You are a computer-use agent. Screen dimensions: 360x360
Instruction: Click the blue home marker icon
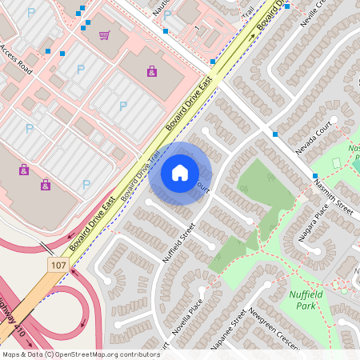[x=180, y=173]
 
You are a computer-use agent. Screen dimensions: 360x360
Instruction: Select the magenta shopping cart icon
[x=105, y=35]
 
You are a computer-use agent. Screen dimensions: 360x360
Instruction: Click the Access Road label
[x=16, y=59]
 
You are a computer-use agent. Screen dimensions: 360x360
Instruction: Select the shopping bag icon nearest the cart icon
[x=151, y=72]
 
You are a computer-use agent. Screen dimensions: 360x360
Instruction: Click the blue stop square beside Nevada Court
[x=274, y=134]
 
